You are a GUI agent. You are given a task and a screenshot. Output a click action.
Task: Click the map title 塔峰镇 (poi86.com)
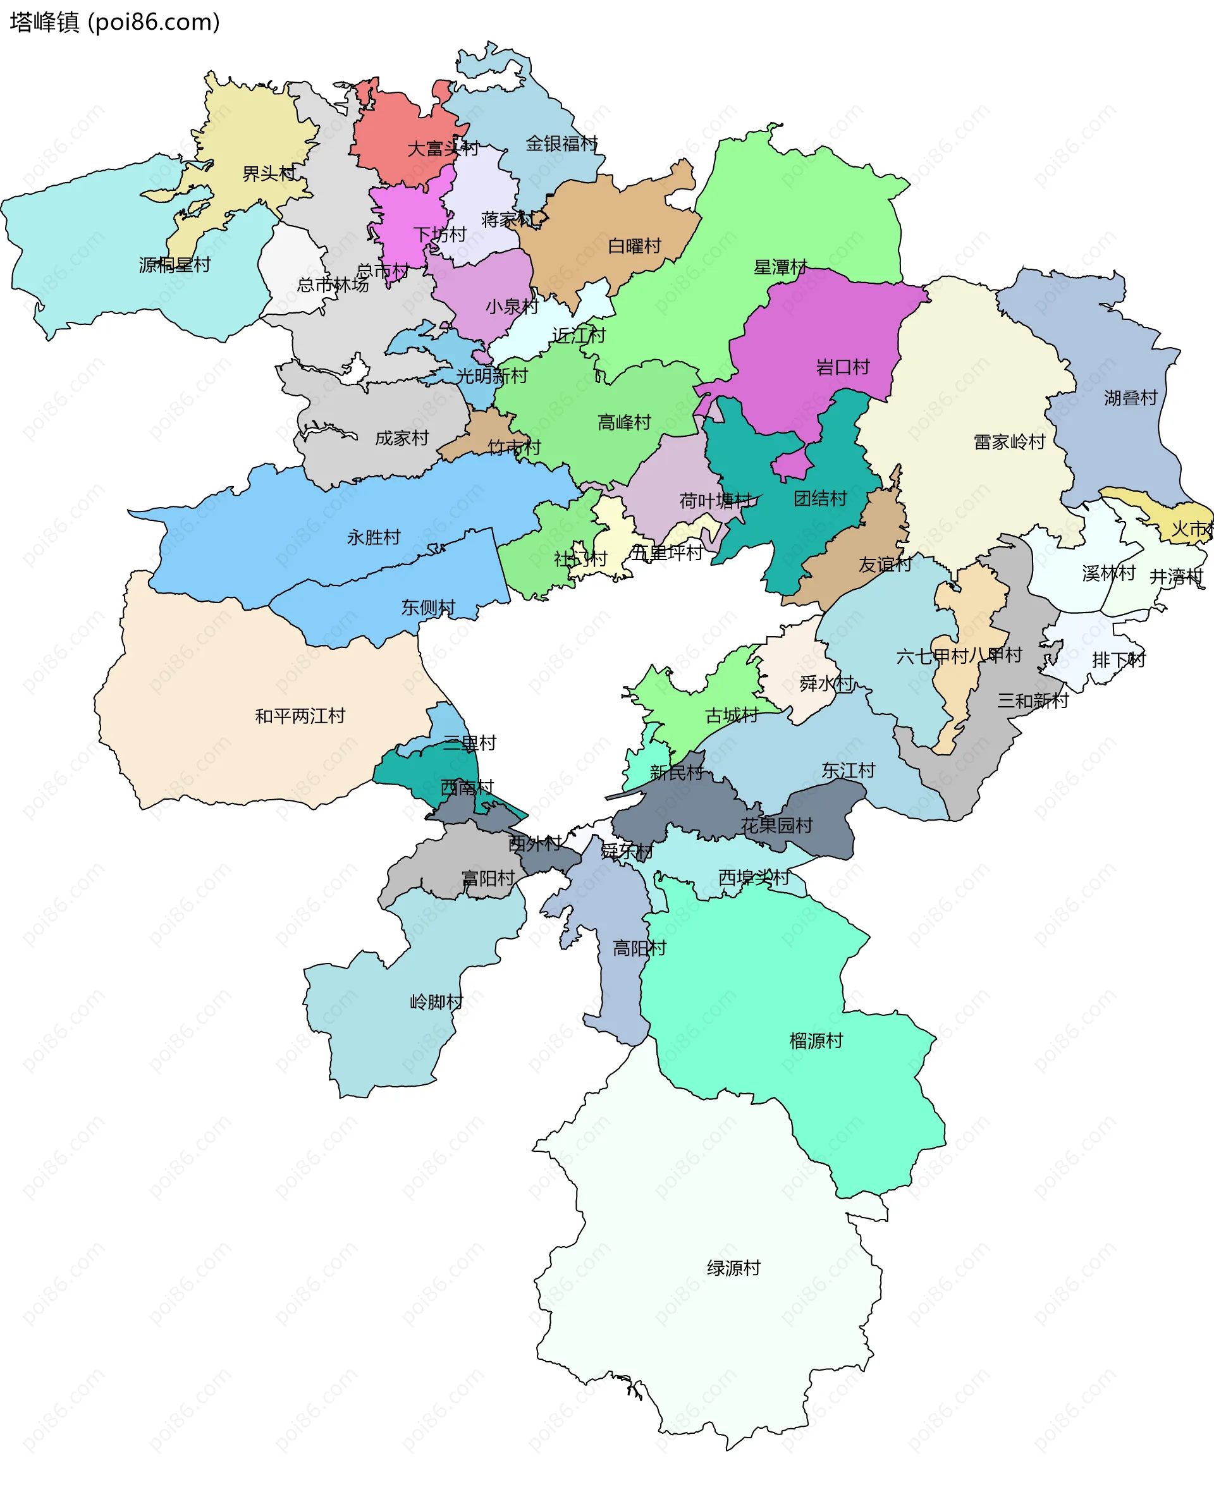[x=115, y=22]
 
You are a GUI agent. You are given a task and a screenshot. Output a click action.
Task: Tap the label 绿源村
[x=733, y=1268]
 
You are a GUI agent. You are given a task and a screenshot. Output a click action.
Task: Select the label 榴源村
[x=816, y=1041]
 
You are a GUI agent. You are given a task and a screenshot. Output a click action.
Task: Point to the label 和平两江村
[x=300, y=716]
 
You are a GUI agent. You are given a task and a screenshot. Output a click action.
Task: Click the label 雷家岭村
[x=1009, y=442]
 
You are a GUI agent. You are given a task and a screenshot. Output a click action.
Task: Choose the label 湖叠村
[x=1131, y=398]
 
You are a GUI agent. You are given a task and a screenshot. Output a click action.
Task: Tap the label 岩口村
[x=843, y=367]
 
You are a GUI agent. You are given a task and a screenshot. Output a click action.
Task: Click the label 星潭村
[x=780, y=267]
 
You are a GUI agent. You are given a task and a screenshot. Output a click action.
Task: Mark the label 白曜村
[x=634, y=246]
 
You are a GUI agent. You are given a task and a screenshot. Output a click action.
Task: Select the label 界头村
[x=269, y=173]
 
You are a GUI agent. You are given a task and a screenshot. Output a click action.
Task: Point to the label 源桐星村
[x=175, y=265]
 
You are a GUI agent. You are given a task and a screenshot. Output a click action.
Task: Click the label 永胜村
[x=374, y=537]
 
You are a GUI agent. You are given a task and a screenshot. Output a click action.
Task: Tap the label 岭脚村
[x=436, y=1002]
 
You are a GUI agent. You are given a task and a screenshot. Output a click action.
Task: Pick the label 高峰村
[x=624, y=422]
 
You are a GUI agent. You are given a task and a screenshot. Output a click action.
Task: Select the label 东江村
[x=849, y=771]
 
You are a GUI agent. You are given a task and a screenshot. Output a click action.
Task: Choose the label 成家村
[x=402, y=438]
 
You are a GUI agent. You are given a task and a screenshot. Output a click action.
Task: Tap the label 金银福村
[x=561, y=144]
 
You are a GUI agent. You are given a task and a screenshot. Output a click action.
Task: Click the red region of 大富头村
[x=391, y=133]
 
